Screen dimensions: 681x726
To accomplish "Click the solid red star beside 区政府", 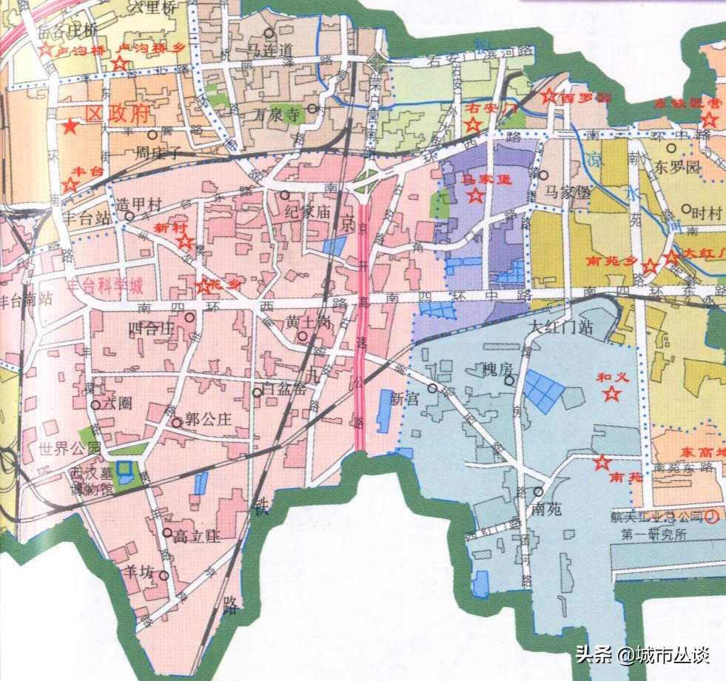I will (x=70, y=127).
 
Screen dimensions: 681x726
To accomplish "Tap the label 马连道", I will (x=270, y=50).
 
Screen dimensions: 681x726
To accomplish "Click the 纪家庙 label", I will (x=306, y=212).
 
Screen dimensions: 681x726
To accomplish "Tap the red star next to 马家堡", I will (x=475, y=195).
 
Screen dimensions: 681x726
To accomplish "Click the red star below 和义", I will (x=611, y=394).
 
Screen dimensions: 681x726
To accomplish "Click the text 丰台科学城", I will (x=104, y=286).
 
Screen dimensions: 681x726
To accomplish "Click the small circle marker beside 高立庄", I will (x=167, y=532).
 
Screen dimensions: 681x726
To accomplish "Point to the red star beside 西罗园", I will (x=549, y=95).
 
